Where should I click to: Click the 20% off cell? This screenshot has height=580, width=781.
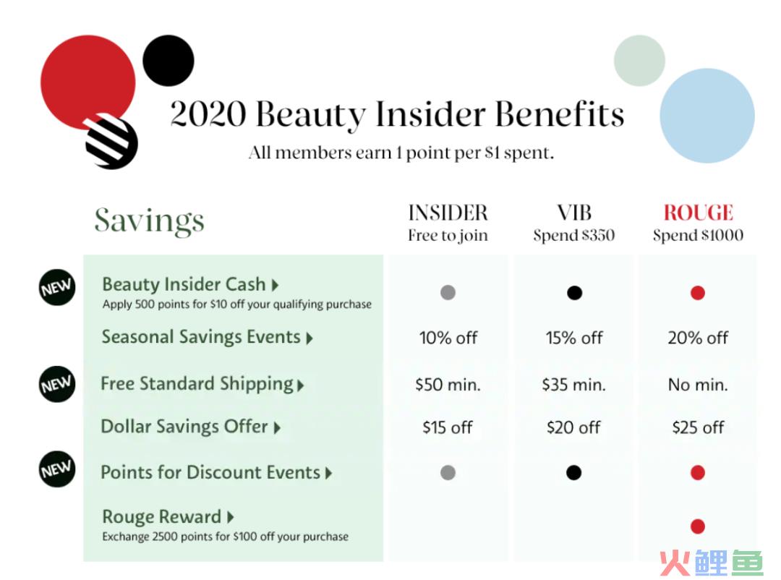(x=698, y=338)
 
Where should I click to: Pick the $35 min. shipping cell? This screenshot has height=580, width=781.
(x=573, y=385)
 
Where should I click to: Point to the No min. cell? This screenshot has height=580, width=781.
(x=698, y=385)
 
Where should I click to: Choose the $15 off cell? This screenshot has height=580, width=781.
(x=448, y=427)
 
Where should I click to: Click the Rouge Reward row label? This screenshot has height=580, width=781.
(x=161, y=516)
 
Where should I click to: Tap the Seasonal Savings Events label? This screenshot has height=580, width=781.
(x=201, y=337)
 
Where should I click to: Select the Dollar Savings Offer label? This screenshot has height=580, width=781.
(x=184, y=427)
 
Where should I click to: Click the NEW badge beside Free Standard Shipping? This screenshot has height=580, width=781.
(x=57, y=384)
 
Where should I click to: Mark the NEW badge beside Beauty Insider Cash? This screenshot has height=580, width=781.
(x=57, y=288)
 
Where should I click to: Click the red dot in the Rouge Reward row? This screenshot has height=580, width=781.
(x=698, y=526)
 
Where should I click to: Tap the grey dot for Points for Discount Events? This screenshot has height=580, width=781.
(x=448, y=472)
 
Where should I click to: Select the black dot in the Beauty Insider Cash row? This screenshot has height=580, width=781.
(x=574, y=292)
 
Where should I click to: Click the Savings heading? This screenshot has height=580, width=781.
(x=150, y=221)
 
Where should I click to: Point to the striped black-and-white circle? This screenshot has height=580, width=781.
(x=111, y=142)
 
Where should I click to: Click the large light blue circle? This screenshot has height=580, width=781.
(x=707, y=116)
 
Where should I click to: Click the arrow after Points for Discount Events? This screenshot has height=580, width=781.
(x=329, y=473)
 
